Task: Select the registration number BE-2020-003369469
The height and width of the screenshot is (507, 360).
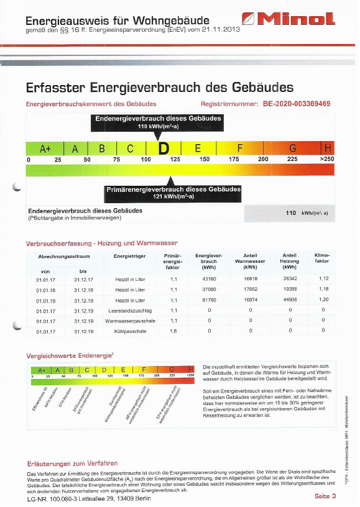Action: click(x=297, y=104)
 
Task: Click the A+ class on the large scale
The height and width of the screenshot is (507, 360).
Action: click(x=45, y=149)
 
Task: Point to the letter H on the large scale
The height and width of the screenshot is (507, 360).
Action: click(x=327, y=149)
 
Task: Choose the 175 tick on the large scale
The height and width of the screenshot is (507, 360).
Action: click(x=234, y=160)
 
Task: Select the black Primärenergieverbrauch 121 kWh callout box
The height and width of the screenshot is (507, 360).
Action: click(x=173, y=193)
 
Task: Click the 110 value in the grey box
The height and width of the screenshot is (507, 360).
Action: click(x=291, y=212)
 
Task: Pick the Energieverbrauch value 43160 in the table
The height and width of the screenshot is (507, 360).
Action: click(x=209, y=279)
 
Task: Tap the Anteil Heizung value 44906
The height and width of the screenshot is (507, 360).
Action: click(x=290, y=300)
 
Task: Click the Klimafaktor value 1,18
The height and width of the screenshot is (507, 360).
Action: click(x=323, y=290)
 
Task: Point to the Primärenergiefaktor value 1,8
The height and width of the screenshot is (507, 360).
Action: click(x=173, y=332)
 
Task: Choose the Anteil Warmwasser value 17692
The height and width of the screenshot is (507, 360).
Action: click(x=251, y=290)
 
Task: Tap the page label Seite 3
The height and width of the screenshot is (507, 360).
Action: click(x=325, y=496)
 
